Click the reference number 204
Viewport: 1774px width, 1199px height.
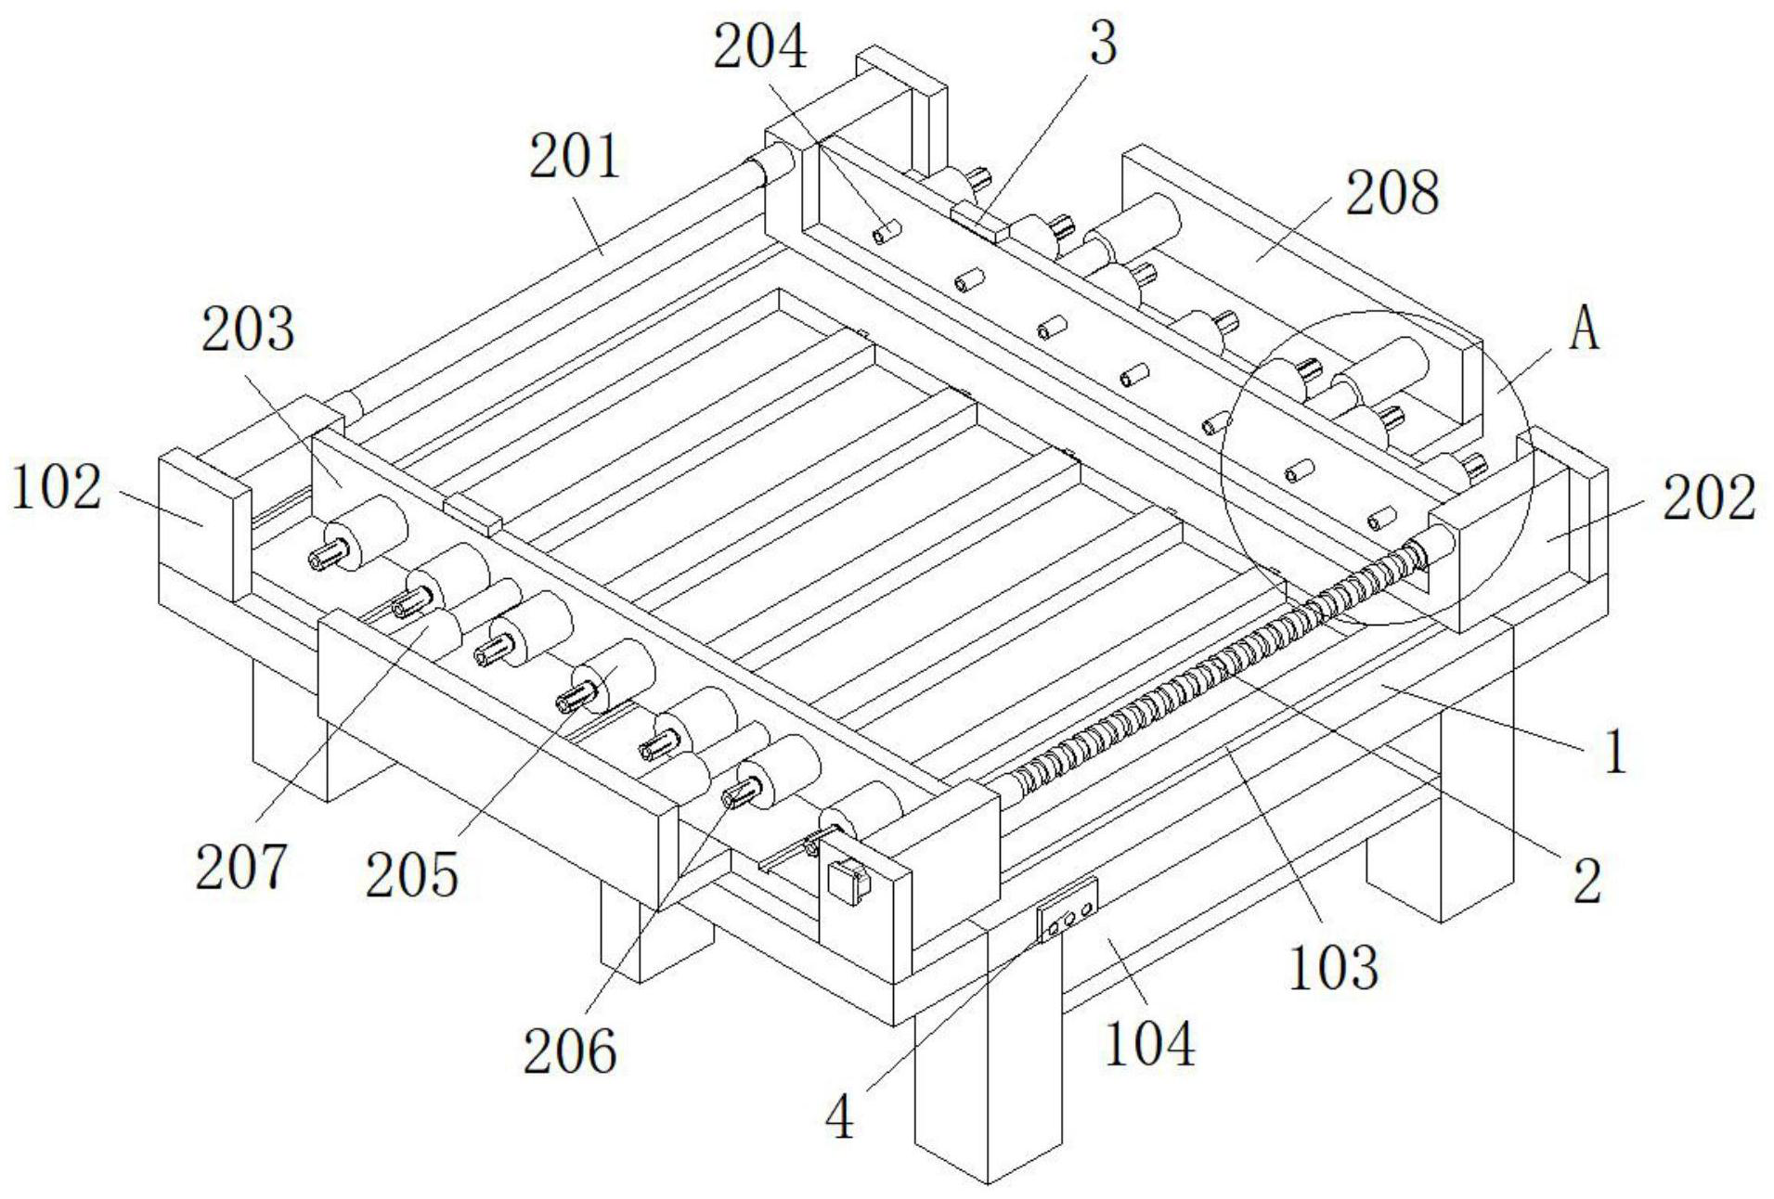(759, 48)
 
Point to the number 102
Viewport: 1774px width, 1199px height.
(56, 488)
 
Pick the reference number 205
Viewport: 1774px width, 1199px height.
(411, 874)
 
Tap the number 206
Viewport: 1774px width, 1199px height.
(569, 1051)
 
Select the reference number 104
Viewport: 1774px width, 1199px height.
(1149, 1044)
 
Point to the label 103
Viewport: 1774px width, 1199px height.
(1333, 968)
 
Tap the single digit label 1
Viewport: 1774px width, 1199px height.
(1615, 752)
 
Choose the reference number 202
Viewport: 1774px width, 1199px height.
(1709, 499)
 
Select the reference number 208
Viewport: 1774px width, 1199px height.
(1392, 194)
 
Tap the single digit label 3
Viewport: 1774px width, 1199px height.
(1102, 44)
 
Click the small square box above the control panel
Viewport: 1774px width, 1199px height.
(846, 880)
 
